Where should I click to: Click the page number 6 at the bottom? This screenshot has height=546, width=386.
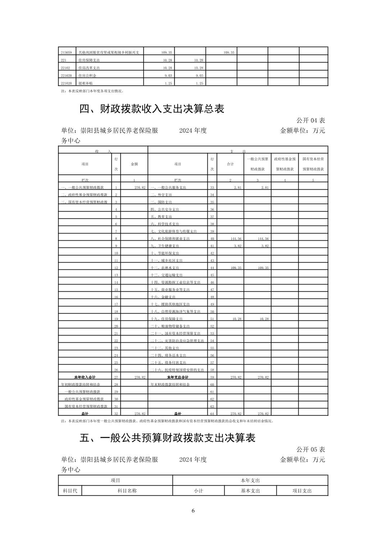(193, 511)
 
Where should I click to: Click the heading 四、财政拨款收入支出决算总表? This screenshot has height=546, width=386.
(152, 108)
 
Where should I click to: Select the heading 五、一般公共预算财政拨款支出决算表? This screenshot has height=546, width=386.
(167, 438)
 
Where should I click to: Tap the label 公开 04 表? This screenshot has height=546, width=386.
(311, 120)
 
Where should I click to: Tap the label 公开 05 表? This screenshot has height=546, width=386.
(311, 449)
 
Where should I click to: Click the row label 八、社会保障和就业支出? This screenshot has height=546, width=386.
(170, 239)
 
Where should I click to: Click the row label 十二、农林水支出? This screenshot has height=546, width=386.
(165, 268)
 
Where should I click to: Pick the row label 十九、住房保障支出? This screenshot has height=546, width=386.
(167, 319)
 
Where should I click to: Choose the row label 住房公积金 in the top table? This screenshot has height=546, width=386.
(87, 76)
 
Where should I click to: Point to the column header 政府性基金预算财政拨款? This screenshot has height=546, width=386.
(285, 164)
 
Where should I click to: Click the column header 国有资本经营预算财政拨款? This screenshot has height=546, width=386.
(313, 164)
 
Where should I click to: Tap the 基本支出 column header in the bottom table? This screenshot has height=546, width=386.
(250, 491)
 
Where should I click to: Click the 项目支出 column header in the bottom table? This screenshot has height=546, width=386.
(302, 491)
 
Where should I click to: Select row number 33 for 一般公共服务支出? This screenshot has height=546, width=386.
(212, 188)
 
